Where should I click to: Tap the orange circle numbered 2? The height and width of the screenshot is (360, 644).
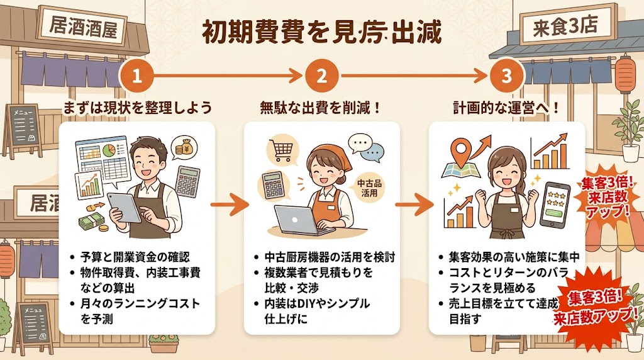click(321, 76)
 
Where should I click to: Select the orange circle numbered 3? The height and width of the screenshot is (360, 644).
click(506, 76)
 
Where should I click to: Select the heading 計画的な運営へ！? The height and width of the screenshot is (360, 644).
click(507, 107)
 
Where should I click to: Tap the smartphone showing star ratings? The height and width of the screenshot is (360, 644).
click(555, 205)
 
